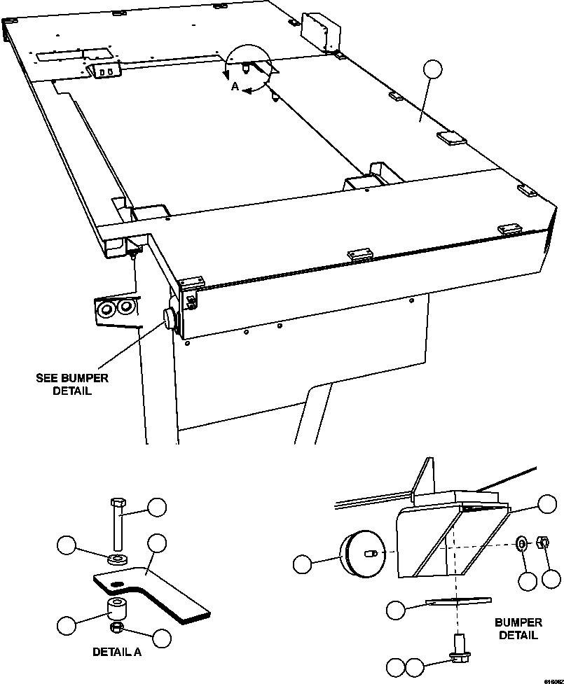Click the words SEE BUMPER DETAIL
(x=72, y=384)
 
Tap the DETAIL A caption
(x=117, y=652)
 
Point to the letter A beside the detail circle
(x=235, y=87)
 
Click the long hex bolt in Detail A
(x=117, y=522)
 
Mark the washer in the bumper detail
(x=522, y=543)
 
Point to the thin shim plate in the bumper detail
(x=458, y=601)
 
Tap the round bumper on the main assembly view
(x=170, y=319)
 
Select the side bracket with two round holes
(x=116, y=309)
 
